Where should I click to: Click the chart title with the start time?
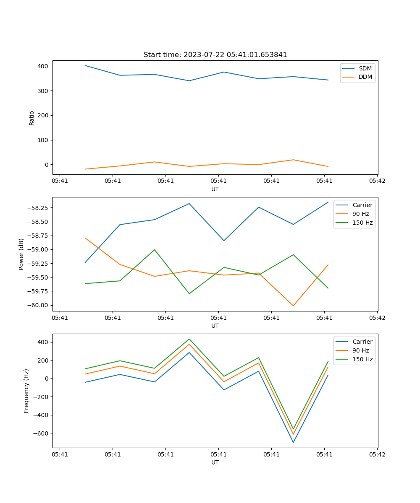point(215,55)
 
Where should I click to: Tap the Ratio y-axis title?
point(32,118)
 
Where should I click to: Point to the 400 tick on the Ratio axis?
point(44,66)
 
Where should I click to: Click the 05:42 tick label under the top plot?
point(377,181)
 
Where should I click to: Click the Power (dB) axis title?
point(21,254)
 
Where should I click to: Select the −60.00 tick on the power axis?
point(37,305)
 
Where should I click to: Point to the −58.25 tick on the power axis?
point(37,208)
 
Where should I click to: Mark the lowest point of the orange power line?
point(293,306)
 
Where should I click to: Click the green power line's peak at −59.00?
point(155,250)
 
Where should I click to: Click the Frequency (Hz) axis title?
point(26,391)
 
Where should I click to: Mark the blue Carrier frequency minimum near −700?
point(293,442)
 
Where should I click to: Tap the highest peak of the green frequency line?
point(189,339)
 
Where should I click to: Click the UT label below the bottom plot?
point(215,462)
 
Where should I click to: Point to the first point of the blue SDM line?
point(85,65)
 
